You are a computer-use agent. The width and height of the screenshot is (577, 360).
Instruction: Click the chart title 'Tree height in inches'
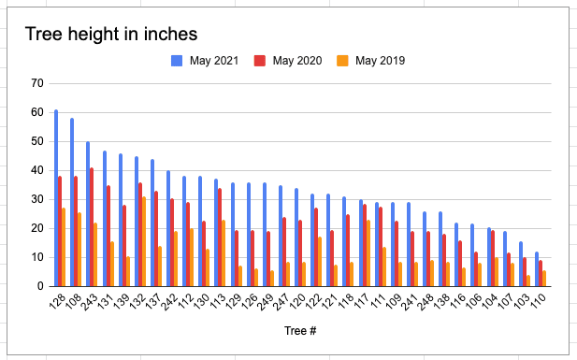coord(111,35)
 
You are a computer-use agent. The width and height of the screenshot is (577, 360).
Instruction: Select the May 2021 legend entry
coord(205,61)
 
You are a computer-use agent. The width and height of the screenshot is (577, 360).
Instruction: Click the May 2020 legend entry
coord(288,61)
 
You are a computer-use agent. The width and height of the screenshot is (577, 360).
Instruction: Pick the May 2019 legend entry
coord(371,61)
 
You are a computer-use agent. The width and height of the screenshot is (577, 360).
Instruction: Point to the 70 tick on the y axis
coord(37,83)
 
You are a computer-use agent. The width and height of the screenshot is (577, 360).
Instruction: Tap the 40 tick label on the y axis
coord(37,170)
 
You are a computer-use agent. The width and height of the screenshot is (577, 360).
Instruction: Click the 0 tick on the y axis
coord(40,286)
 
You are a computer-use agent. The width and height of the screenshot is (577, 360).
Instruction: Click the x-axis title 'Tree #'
coord(300,331)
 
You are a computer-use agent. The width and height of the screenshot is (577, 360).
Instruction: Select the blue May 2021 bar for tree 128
coord(56,198)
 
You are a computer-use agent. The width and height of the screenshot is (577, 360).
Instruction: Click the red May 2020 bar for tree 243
coord(92,227)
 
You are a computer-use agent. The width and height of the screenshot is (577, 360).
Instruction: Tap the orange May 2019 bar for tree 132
coord(144,241)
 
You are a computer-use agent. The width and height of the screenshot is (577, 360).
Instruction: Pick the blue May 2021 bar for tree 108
coord(72,203)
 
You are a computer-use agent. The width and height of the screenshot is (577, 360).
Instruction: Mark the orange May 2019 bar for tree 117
coord(368,253)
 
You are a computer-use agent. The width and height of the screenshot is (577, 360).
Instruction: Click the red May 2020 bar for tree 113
coord(220,238)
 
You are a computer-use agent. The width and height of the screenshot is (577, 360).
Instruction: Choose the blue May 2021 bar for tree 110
coord(537,269)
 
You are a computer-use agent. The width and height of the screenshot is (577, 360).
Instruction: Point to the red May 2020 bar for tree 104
coord(493,258)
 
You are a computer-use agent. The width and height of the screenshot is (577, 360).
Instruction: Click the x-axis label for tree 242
coord(169,302)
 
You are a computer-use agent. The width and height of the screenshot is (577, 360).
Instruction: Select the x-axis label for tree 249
coord(266,302)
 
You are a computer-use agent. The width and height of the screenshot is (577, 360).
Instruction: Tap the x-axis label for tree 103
coord(523,301)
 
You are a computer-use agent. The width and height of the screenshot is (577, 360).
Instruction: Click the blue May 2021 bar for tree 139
coord(121,220)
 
